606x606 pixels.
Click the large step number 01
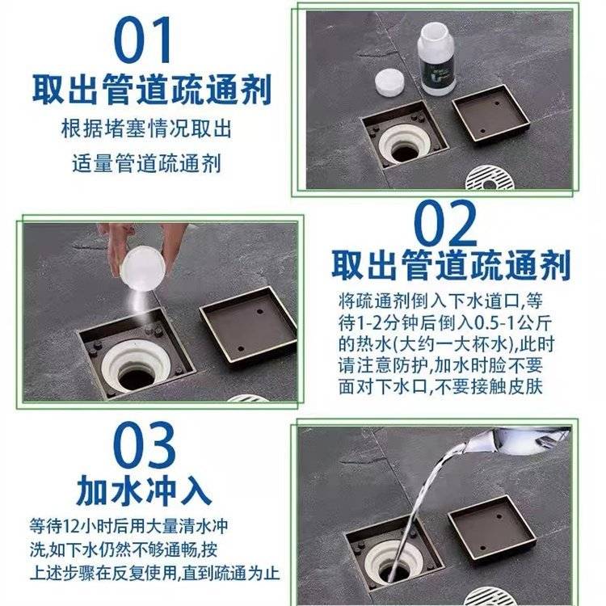coord(142,40)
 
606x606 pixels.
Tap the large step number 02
coord(445,223)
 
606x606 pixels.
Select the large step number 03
coord(144,444)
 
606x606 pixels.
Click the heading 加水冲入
coord(144,490)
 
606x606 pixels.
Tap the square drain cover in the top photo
coord(491,113)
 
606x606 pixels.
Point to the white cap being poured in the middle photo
coord(142,268)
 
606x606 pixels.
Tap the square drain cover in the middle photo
coord(248,324)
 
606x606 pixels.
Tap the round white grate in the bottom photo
coord(485,596)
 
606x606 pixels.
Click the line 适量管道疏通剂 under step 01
coord(146,164)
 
